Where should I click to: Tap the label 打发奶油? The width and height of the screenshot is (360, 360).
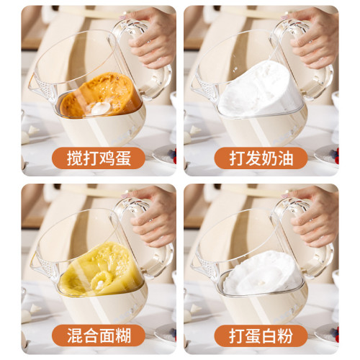[x=261, y=158]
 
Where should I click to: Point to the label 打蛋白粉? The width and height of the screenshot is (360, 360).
[x=261, y=335]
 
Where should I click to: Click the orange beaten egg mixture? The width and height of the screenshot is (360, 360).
[x=97, y=95]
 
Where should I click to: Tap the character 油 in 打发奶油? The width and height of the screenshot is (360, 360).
[x=289, y=158]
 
